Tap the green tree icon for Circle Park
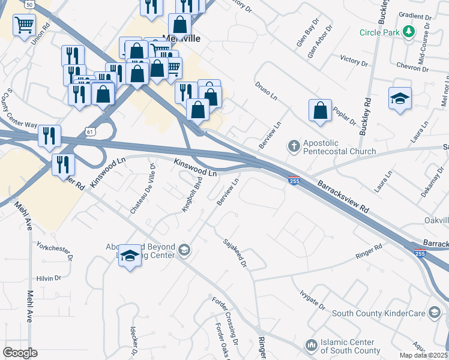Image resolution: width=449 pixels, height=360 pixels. pos(409,31)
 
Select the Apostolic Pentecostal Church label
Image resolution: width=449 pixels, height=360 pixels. pos(340,148)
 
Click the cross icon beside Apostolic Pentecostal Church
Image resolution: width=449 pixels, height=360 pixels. pos(294,146)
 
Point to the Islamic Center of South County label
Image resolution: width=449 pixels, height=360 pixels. pos(351,347)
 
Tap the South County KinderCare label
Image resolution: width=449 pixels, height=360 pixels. pos(378,313)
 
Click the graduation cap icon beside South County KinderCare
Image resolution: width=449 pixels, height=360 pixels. pos(434,313)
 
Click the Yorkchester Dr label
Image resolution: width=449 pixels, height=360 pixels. pos(54,253)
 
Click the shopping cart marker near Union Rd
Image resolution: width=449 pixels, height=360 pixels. pos(24,25)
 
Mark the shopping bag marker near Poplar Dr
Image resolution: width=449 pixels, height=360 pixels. pos(320,110)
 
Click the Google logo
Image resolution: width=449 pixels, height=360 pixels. pos(20,353)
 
